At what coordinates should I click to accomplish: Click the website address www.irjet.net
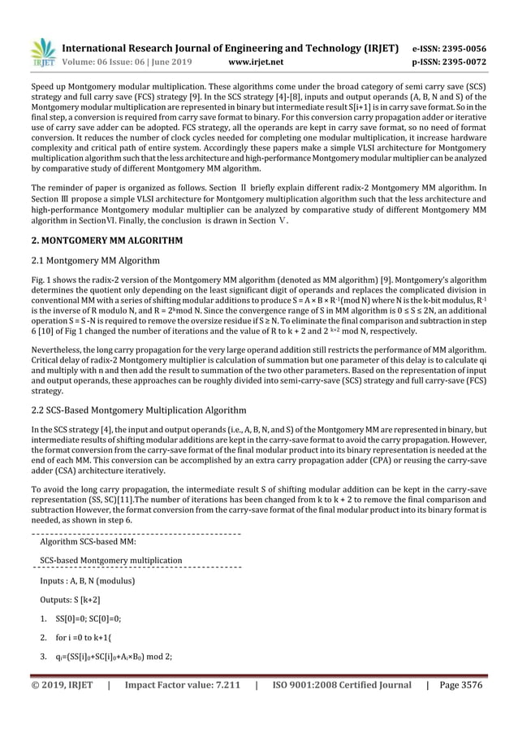256,61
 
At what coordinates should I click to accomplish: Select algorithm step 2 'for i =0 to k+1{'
85,639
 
